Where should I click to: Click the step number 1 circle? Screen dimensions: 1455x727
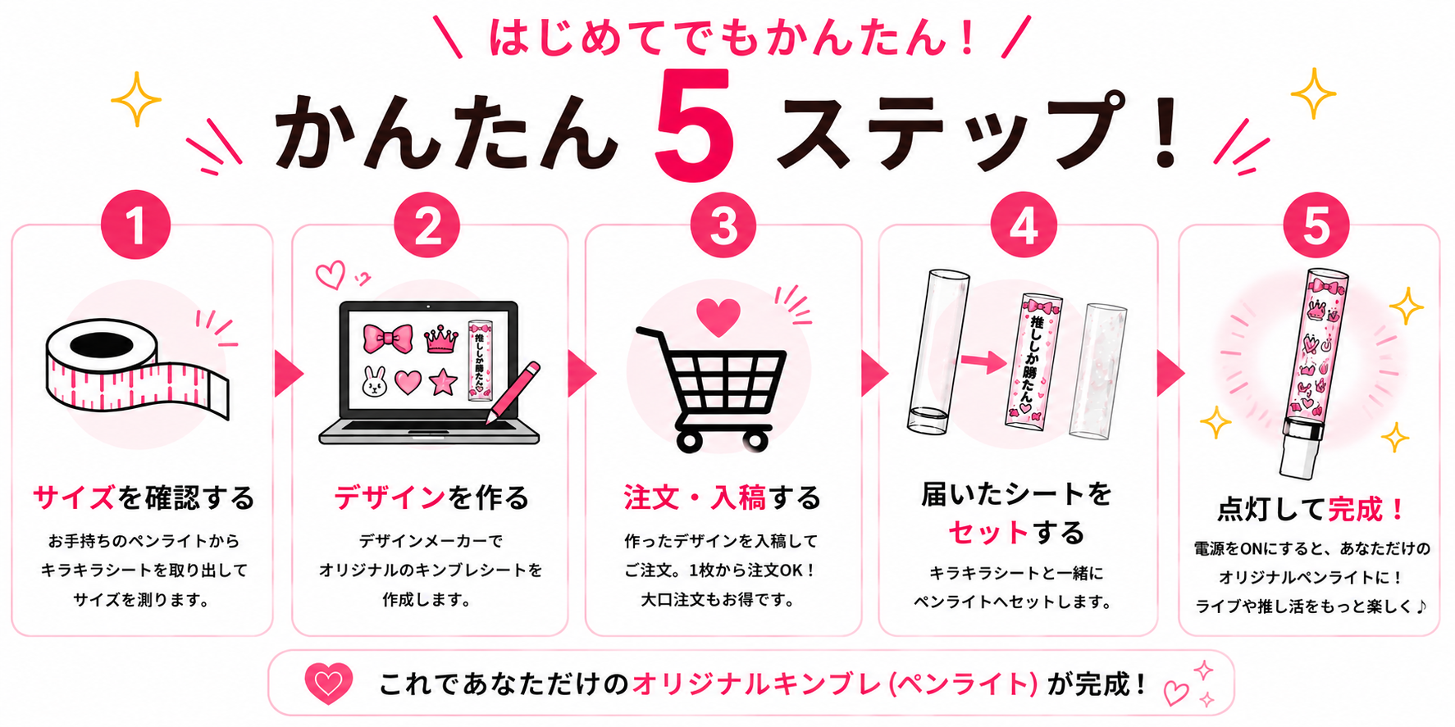pos(135,225)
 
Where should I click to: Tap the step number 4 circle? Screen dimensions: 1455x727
pos(1024,225)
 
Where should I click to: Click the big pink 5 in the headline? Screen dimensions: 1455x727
pos(694,125)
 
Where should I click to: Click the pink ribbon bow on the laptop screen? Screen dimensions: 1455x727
pos(387,338)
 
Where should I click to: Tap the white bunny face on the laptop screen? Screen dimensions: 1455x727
pos(375,381)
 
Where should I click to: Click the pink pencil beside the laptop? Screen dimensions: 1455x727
pos(513,393)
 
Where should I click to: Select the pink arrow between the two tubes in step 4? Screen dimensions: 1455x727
pos(983,361)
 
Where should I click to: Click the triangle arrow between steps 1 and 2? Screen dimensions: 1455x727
pos(289,374)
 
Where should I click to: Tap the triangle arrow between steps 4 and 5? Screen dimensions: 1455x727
pos(1170,374)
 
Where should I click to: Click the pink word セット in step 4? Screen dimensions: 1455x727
pos(987,533)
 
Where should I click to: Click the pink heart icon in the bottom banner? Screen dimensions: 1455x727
pos(328,683)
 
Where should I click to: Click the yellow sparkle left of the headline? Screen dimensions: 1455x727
pos(136,99)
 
